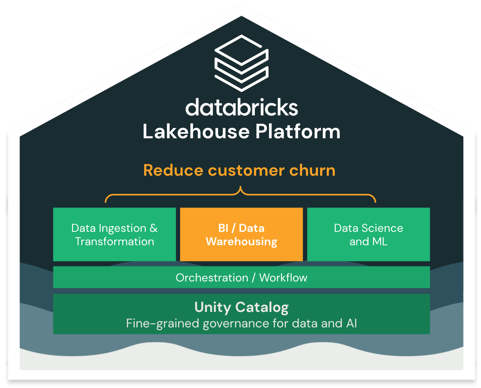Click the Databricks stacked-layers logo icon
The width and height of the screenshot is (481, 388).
click(241, 63)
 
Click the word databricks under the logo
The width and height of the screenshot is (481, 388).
click(242, 107)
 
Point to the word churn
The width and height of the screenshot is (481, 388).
click(312, 170)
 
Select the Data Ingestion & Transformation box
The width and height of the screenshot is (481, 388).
click(114, 234)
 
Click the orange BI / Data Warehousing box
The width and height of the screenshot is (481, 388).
click(241, 234)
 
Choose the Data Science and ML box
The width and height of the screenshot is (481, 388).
click(368, 234)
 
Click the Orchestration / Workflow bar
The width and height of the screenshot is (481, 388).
click(241, 277)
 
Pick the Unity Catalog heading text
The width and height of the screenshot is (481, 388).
click(241, 307)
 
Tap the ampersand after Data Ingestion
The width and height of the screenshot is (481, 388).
click(153, 228)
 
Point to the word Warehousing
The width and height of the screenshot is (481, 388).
click(241, 242)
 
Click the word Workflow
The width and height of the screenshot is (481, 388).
click(283, 277)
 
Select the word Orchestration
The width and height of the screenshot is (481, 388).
click(212, 277)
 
